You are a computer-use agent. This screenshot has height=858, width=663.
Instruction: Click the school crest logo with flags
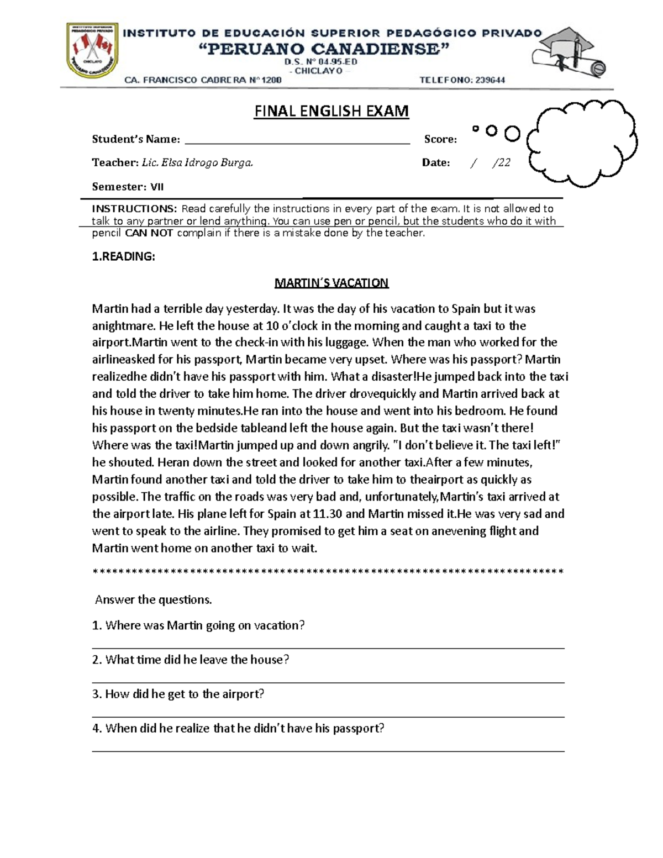click(92, 50)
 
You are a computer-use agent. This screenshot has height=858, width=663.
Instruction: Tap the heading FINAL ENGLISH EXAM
click(331, 111)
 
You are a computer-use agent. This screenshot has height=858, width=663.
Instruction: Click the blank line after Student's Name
click(297, 140)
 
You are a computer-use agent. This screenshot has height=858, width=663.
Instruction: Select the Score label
click(440, 139)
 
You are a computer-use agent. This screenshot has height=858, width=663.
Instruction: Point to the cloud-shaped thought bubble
click(582, 143)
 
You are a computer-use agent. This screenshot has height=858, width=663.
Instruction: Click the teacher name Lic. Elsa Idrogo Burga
click(197, 162)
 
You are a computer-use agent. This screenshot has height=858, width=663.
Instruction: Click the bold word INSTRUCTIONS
click(134, 209)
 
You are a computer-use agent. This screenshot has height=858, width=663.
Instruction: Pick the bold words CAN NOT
click(149, 233)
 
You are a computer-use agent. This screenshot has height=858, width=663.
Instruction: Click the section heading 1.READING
click(123, 256)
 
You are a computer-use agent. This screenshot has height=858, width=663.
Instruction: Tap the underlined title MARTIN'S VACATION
click(331, 283)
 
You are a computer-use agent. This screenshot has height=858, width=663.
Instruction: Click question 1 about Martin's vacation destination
click(198, 625)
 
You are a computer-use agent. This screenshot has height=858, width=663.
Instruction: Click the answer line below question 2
click(328, 682)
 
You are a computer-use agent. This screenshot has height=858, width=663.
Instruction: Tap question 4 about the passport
click(238, 728)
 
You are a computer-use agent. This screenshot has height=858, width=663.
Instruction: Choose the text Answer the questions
click(154, 599)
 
